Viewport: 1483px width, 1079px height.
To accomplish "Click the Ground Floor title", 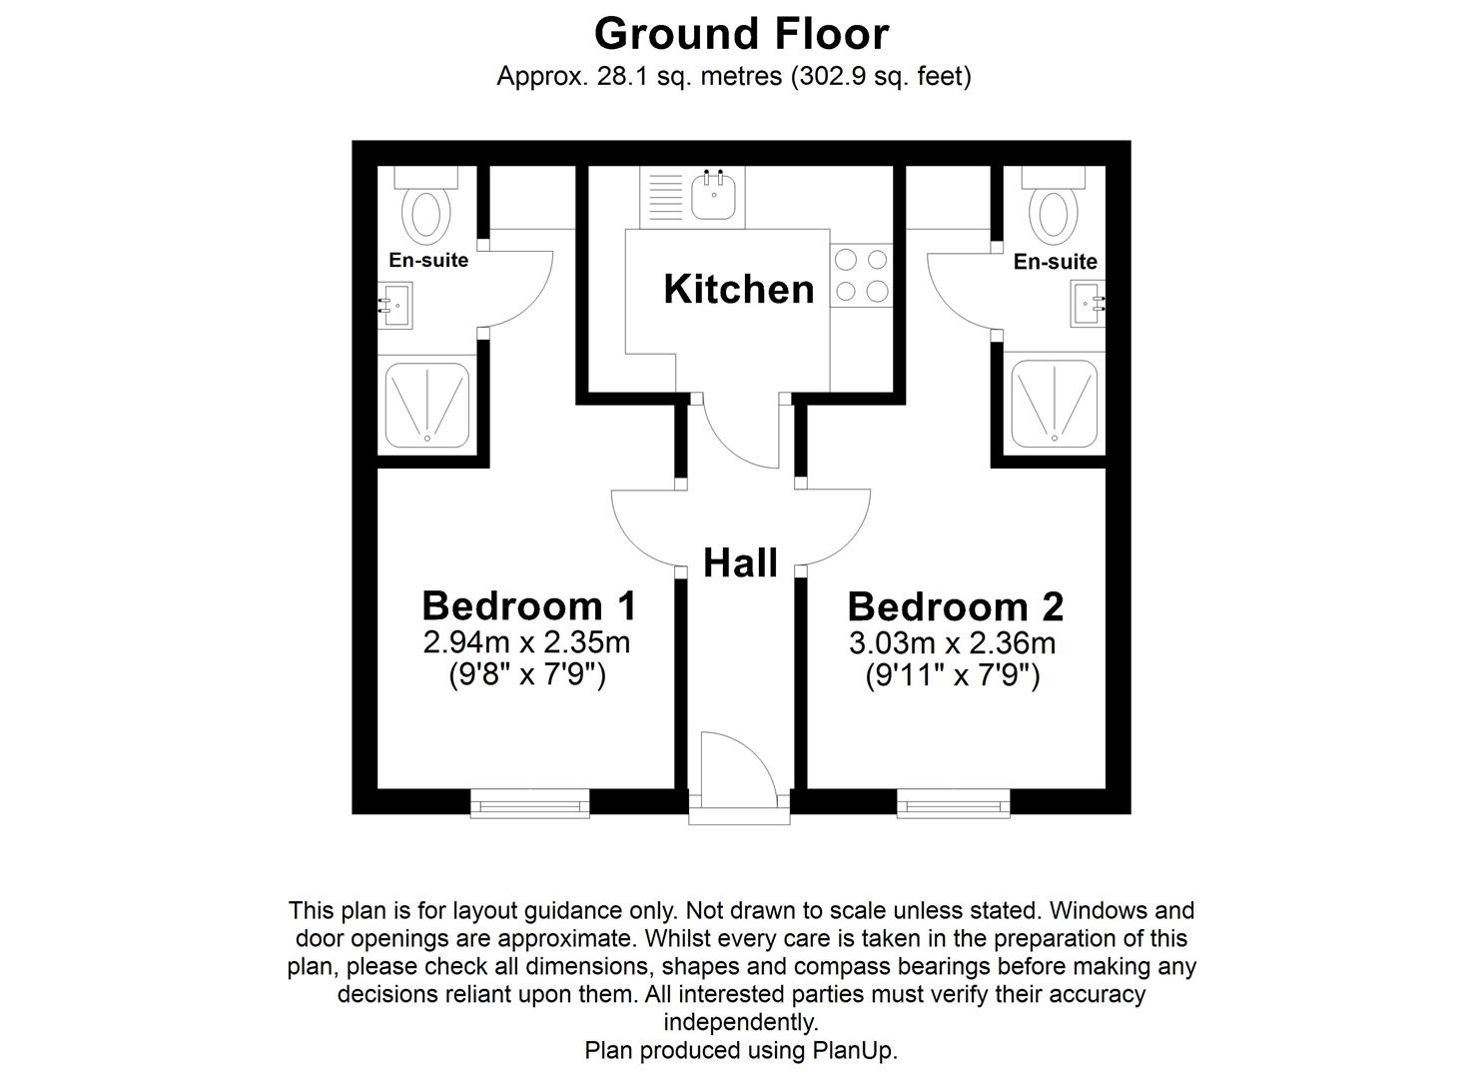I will [x=741, y=34].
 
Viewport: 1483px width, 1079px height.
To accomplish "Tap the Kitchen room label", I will [x=739, y=290].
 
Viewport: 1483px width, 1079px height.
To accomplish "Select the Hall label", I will [x=740, y=563].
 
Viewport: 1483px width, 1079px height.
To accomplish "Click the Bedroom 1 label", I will [x=528, y=605].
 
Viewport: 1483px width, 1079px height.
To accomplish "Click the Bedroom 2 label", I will [x=955, y=606].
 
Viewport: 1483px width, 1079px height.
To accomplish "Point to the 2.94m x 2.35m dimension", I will [x=526, y=641].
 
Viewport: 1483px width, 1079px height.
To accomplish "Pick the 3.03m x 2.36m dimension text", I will [x=952, y=642].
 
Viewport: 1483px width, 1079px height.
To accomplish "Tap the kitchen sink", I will [x=714, y=195].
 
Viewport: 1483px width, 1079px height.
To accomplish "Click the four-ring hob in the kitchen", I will [x=861, y=276].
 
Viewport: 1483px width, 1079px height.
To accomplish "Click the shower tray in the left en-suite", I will [x=427, y=405].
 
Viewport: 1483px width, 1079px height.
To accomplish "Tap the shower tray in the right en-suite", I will [x=1055, y=404].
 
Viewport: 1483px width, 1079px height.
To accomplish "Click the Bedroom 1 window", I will [x=529, y=802].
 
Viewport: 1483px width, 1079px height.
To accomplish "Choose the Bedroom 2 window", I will [x=953, y=802].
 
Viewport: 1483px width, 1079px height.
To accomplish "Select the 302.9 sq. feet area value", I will [x=880, y=76].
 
